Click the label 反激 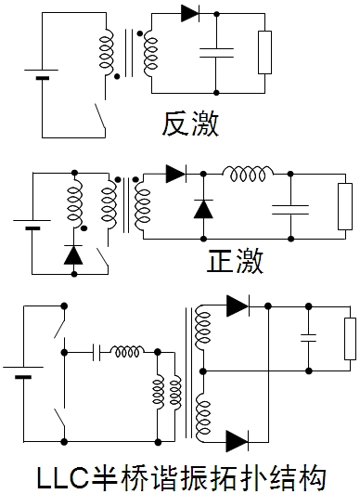[189, 123]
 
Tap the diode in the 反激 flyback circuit [191, 13]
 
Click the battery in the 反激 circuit [42, 73]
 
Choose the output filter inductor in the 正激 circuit [248, 175]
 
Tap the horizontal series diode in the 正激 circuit [176, 174]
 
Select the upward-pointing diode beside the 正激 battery [71, 254]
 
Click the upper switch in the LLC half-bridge [61, 326]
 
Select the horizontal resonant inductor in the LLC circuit [127, 352]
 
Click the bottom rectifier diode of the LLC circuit [238, 440]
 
